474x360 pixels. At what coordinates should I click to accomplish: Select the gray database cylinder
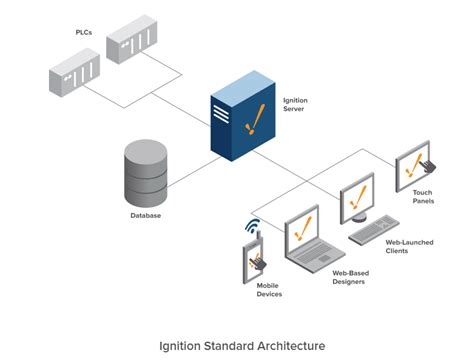pos(145,172)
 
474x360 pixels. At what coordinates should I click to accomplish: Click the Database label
pos(146,215)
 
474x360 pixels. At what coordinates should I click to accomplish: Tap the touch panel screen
pos(413,159)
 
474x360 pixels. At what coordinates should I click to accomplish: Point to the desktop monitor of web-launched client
pos(357,198)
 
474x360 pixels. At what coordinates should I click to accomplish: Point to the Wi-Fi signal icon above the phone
pos(254,225)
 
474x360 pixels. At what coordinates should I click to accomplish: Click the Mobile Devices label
pos(261,290)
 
